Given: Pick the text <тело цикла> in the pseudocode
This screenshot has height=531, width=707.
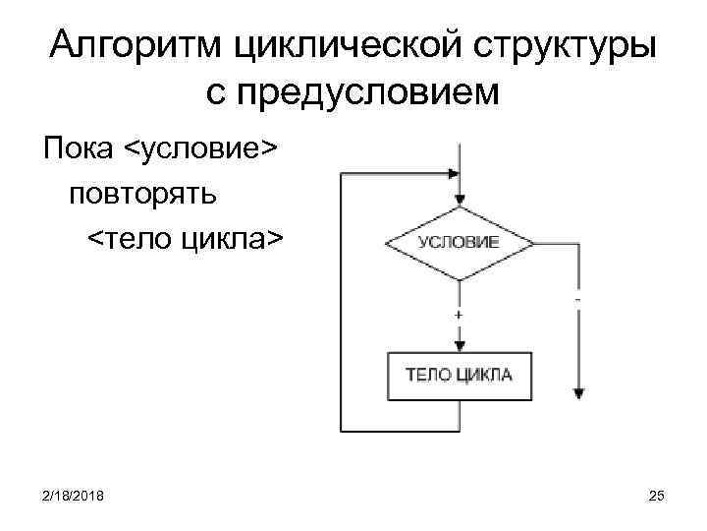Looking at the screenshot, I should coord(186,238).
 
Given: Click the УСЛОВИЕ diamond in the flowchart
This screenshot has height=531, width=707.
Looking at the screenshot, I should coord(459,242).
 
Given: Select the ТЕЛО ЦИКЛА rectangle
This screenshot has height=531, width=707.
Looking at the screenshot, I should coord(459,376).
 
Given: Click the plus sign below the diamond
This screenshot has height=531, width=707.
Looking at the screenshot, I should coord(459,314).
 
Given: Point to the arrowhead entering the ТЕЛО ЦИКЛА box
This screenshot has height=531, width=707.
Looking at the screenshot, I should coord(459,345).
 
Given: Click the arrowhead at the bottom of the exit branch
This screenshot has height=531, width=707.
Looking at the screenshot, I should coord(578,392).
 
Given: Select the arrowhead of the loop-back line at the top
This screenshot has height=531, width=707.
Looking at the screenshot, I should coord(453,173).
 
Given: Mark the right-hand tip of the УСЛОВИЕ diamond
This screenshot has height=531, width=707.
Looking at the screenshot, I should coord(533,242).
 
